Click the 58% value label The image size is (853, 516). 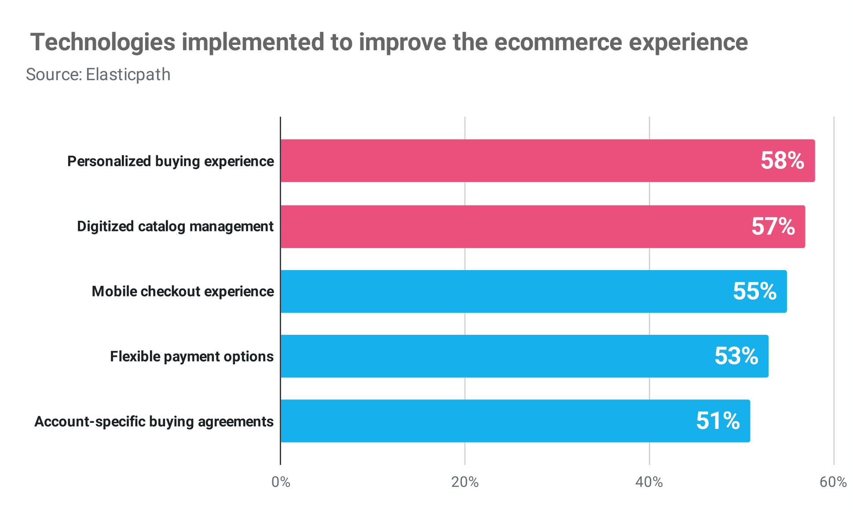782,161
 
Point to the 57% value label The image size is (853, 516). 773,227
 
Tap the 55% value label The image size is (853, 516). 754,291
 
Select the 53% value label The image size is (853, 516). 736,356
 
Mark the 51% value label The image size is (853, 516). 718,421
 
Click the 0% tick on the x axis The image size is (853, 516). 281,482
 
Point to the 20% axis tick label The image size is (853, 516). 465,482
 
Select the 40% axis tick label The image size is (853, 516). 649,482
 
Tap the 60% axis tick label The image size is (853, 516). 833,482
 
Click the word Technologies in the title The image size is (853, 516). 103,43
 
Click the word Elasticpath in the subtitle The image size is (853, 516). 128,75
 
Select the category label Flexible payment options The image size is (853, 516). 192,356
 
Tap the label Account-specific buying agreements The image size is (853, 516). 154,421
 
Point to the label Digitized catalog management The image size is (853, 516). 175,227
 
